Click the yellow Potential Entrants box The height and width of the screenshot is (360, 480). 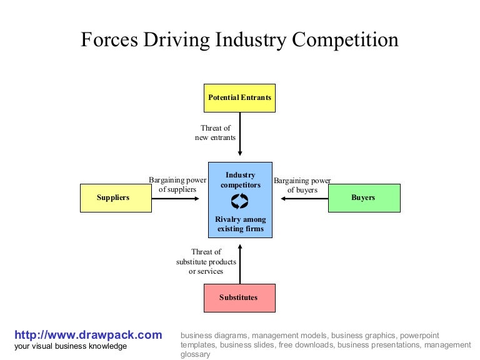coord(240,98)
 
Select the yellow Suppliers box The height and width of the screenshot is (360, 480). coord(115,198)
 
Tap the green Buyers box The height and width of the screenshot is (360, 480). coord(364,198)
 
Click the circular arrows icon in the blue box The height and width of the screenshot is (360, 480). coord(240,201)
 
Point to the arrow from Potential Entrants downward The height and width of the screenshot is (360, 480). coord(240,134)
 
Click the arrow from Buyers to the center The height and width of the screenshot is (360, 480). coord(304,198)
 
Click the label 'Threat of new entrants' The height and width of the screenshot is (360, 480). coord(216,132)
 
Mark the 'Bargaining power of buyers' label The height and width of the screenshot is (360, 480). coord(302,185)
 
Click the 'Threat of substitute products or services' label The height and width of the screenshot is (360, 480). coord(206,262)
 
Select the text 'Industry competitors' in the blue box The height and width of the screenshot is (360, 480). coord(241,180)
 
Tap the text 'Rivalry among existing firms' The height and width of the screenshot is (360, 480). coord(241,224)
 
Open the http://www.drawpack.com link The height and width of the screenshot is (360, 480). coord(88,335)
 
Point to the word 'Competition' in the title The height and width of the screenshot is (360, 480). coord(346,40)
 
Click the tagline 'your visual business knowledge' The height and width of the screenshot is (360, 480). coord(71,346)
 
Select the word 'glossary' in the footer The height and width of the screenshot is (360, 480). coord(196,354)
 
